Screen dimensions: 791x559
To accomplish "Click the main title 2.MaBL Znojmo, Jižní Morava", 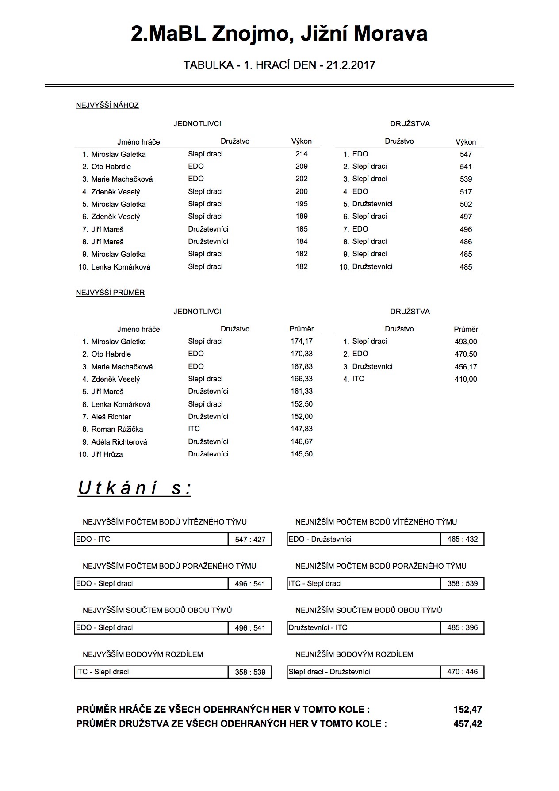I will pos(279,34).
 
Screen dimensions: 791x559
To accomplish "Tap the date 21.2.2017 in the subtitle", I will pos(350,65).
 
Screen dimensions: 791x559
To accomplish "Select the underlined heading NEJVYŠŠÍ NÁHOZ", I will pos(107,105).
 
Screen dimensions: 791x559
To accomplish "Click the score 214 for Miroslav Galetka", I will pos(301,154).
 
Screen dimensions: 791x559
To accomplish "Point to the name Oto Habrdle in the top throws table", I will pos(111,167).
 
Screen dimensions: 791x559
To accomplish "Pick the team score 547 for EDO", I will pos(466,154).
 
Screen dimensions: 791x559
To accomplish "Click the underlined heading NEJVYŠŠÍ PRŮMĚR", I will pos(110,293).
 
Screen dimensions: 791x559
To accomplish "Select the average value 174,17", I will pos(302,341).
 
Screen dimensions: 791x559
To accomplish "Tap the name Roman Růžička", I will pos(117,429).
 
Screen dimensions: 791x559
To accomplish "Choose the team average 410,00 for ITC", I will pos(466,379).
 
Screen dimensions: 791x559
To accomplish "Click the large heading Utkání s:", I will pos(134,488).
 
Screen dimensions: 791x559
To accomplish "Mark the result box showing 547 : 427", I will pos(250,540).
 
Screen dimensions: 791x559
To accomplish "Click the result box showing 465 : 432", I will pos(462,539).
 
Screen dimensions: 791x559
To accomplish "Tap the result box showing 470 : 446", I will pos(462,672).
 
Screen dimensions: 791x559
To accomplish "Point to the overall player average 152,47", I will pos(467,710).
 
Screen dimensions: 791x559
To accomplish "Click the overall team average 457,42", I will pos(467,724).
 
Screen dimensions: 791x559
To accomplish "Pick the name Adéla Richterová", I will pos(119,442).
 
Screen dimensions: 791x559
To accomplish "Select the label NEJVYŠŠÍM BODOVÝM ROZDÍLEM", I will pos(143,654).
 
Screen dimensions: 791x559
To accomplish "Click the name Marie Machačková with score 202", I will pos(122,179).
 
